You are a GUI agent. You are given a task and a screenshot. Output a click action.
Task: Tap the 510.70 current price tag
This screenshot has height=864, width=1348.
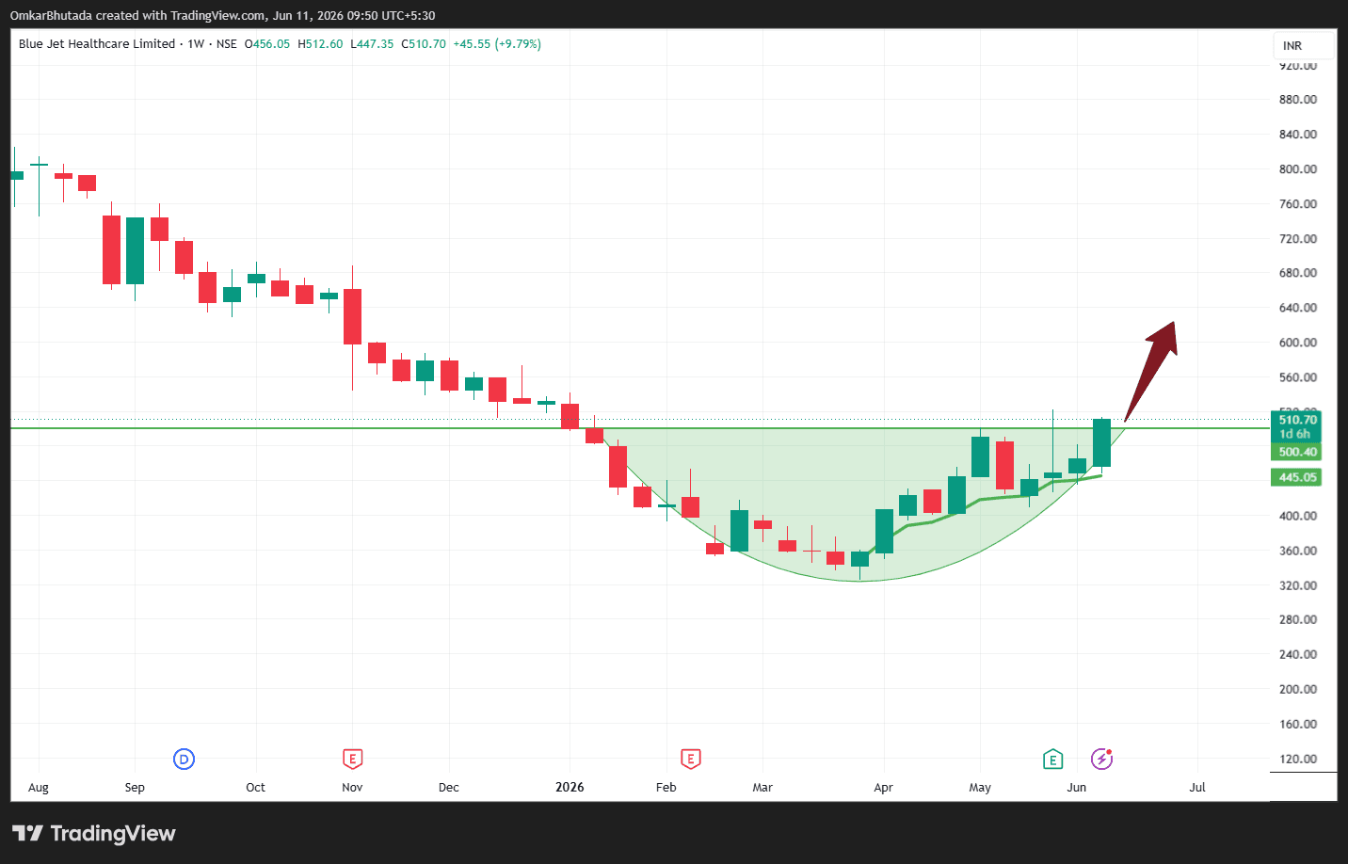click(1295, 426)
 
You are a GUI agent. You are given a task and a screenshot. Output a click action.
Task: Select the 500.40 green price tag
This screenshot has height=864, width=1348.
click(1295, 452)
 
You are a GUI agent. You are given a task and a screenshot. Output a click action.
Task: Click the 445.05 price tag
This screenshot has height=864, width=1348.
click(1295, 477)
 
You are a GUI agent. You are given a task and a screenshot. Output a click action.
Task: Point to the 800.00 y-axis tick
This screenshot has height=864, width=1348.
click(1297, 169)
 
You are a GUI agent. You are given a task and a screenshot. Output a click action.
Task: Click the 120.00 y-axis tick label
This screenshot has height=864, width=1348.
click(1297, 759)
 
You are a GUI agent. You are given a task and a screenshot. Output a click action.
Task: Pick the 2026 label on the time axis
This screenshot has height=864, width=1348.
click(570, 787)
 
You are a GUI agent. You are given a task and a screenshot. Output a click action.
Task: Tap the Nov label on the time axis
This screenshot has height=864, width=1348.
click(352, 787)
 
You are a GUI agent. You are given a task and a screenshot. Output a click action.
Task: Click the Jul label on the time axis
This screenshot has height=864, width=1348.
click(1197, 787)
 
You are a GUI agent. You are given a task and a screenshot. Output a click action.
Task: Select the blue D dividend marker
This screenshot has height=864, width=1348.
click(184, 760)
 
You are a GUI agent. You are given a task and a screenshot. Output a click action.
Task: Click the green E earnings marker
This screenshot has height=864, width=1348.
click(1052, 760)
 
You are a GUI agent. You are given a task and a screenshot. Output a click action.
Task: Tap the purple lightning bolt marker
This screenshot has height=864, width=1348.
click(1102, 759)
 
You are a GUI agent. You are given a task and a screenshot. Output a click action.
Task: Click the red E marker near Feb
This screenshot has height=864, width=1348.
click(690, 760)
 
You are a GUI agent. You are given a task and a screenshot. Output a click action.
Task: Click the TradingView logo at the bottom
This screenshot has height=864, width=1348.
click(94, 833)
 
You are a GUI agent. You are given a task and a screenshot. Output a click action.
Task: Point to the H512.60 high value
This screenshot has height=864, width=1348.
click(320, 44)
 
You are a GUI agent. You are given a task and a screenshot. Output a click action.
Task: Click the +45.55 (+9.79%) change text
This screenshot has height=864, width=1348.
click(497, 44)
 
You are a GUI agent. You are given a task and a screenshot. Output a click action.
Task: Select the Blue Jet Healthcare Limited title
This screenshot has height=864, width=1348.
click(97, 44)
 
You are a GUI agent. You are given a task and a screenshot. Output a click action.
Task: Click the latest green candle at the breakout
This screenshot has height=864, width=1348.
click(1101, 443)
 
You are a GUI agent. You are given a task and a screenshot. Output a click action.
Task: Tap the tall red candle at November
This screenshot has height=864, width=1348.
click(352, 316)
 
